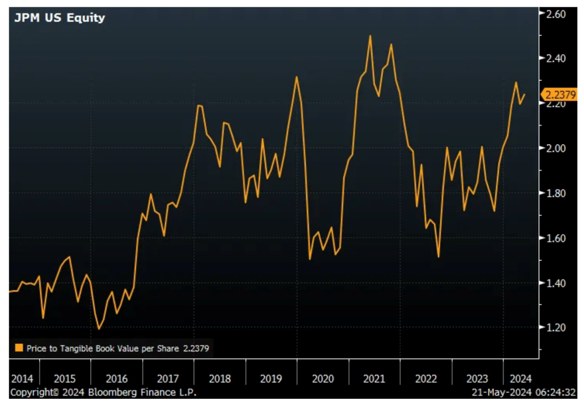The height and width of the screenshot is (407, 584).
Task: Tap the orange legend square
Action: [x=19, y=348]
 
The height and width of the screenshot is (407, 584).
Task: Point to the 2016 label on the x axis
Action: [x=116, y=379]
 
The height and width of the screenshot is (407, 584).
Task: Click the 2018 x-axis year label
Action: [x=220, y=379]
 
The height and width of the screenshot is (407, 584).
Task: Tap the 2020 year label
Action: [x=323, y=379]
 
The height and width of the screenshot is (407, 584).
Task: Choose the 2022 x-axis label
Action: [x=426, y=379]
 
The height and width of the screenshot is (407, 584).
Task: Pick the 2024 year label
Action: [x=520, y=379]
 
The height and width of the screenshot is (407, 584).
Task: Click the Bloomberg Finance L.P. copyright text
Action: [x=104, y=392]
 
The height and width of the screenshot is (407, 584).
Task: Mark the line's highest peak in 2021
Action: [x=370, y=36]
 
